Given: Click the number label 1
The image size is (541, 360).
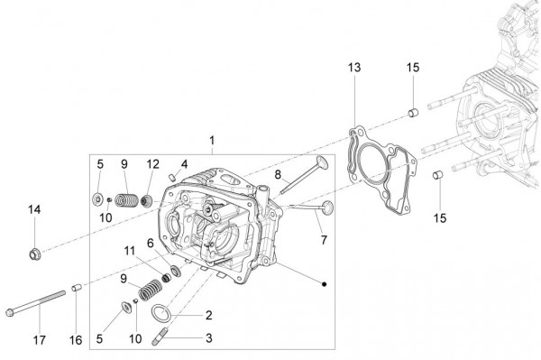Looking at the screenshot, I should tap(212, 141).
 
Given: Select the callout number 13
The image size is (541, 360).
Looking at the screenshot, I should tap(354, 69).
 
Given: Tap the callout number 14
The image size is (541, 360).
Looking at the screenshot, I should tap(34, 210).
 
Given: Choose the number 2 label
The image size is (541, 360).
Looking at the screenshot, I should tap(208, 316).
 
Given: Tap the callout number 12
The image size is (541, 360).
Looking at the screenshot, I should tap(153, 164).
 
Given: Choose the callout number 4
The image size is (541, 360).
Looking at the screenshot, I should tap(183, 164).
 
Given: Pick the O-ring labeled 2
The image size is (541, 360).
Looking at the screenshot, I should tap(160, 314).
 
